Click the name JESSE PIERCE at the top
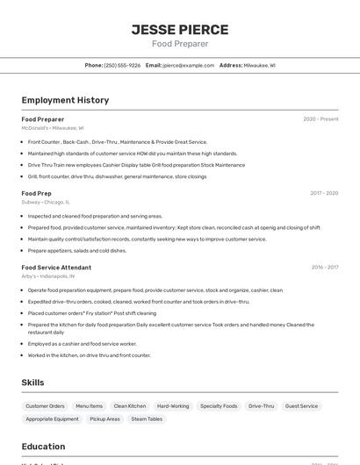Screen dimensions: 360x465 180,29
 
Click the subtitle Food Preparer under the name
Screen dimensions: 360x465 180,44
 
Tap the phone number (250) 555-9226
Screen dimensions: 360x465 122,66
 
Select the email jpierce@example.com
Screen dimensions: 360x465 190,66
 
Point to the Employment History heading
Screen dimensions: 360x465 65,100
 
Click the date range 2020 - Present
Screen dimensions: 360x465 320,119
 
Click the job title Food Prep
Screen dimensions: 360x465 37,193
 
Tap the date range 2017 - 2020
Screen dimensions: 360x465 324,193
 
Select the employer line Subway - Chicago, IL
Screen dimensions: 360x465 46,202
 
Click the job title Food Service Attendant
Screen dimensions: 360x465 56,268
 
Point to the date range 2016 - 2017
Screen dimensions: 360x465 325,268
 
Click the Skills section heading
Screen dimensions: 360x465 33,383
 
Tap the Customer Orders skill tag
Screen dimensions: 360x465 45,406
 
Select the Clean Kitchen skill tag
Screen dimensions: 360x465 130,406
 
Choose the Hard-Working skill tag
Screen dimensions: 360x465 173,406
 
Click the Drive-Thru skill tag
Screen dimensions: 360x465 261,406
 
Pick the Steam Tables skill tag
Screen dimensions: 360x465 147,419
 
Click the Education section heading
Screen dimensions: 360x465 43,446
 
